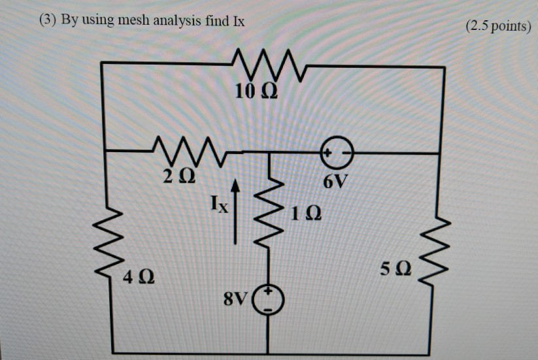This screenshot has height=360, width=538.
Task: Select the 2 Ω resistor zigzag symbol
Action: [x=190, y=150]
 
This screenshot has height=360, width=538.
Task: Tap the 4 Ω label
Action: [x=139, y=278]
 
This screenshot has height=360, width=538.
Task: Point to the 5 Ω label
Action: [x=396, y=269]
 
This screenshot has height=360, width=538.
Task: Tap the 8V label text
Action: [x=235, y=300]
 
